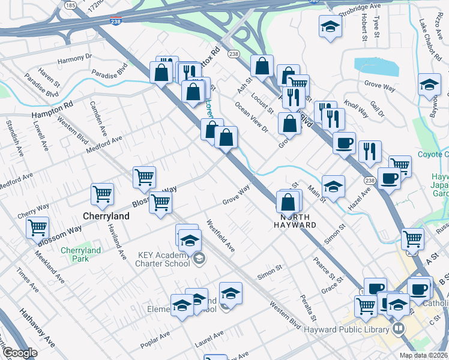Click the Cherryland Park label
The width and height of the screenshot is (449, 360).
click(80, 254)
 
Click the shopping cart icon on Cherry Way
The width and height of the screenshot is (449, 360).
click(37, 227)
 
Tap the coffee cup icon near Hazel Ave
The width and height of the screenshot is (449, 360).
click(388, 178)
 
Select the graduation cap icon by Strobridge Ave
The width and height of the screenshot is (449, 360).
click(329, 27)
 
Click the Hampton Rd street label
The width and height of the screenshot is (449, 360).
click(52, 108)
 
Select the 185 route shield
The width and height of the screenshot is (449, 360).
click(70, 5)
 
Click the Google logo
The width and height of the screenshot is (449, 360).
click(20, 353)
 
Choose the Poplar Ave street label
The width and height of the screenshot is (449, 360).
click(155, 340)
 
